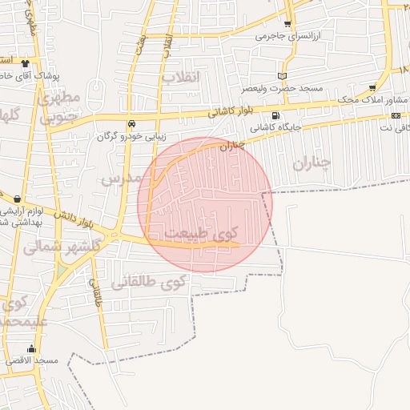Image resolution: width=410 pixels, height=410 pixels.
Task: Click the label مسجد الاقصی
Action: [x=34, y=360]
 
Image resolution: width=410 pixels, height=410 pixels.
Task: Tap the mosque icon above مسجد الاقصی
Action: [x=32, y=348]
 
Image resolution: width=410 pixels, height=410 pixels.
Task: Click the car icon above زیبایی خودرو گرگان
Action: [x=131, y=124]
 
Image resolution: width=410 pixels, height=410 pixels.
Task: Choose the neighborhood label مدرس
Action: [x=123, y=177]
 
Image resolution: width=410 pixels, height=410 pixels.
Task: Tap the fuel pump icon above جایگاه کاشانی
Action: [x=275, y=115]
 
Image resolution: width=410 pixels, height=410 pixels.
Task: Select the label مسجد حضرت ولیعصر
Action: [x=289, y=87]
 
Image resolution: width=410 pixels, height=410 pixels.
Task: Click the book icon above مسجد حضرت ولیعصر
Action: [x=281, y=76]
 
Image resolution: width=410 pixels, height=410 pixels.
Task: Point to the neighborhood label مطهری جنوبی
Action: [x=58, y=107]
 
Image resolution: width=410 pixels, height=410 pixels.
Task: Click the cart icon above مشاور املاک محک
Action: [x=372, y=88]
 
